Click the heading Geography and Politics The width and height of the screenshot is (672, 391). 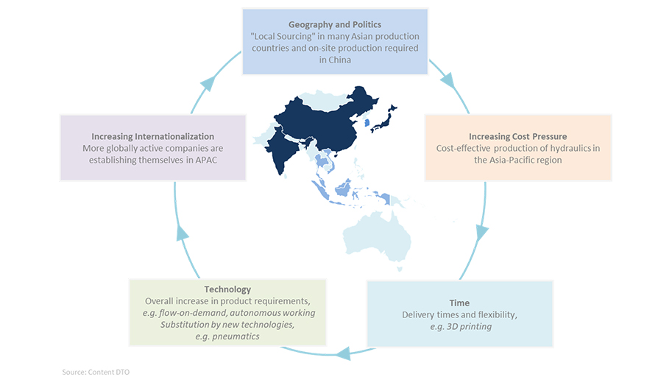click(x=335, y=25)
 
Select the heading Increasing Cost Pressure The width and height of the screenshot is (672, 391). click(x=517, y=137)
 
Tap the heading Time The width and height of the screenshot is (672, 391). click(x=459, y=303)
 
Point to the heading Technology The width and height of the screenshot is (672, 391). click(x=227, y=289)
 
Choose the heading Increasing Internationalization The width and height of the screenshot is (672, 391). click(x=152, y=137)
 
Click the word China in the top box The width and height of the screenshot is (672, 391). click(x=341, y=60)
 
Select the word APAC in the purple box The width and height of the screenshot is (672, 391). click(x=206, y=161)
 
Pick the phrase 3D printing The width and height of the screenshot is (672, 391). click(x=470, y=327)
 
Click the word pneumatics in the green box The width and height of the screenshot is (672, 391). click(x=236, y=337)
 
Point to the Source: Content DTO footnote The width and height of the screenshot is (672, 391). click(x=96, y=372)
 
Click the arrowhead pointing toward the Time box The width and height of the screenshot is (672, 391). click(x=481, y=233)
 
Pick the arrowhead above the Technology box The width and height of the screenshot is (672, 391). click(x=183, y=233)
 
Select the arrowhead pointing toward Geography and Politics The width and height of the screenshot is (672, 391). click(x=208, y=83)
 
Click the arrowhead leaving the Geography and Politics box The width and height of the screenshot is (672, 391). click(x=448, y=81)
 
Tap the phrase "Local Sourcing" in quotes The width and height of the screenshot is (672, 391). click(x=282, y=36)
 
